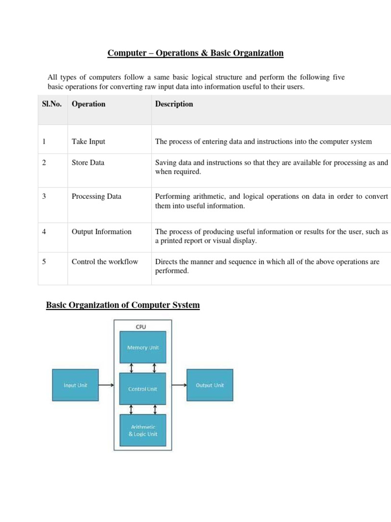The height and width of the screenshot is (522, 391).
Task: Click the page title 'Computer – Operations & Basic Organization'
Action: tap(195, 53)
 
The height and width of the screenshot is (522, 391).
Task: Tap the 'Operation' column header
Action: tap(89, 104)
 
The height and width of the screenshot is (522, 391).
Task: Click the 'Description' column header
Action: tap(174, 104)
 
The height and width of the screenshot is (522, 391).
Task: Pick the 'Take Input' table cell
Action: tap(89, 141)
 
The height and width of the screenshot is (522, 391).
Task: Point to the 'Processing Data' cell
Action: tap(97, 196)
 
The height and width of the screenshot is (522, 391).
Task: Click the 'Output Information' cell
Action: tap(101, 231)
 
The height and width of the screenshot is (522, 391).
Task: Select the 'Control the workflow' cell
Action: tap(105, 262)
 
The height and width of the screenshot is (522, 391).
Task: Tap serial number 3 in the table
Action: tap(44, 196)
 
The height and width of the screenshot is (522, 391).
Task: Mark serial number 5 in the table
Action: tap(44, 262)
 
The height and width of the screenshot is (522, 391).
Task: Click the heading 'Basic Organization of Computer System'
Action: tap(123, 305)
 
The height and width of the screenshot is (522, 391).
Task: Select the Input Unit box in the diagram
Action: tap(75, 385)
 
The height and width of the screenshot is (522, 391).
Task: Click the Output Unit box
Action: tap(210, 385)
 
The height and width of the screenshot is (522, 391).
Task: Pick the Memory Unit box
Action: tap(143, 347)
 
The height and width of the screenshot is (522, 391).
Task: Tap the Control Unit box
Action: tap(143, 388)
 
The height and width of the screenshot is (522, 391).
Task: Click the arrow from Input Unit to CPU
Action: tap(106, 385)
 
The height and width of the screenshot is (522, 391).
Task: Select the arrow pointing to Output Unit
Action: tap(179, 385)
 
